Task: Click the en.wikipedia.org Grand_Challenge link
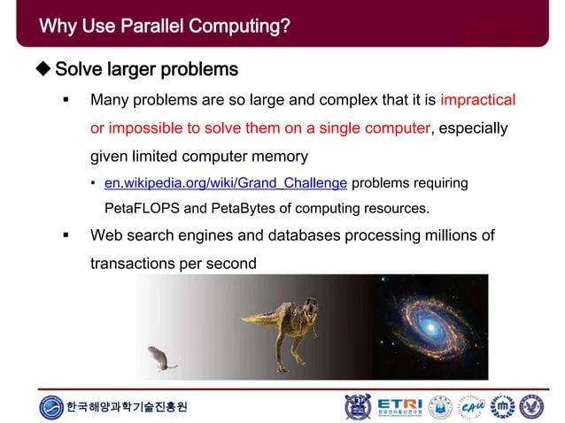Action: [225, 183]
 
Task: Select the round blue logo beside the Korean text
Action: [51, 407]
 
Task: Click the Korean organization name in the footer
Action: [127, 407]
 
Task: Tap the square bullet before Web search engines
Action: [66, 236]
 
